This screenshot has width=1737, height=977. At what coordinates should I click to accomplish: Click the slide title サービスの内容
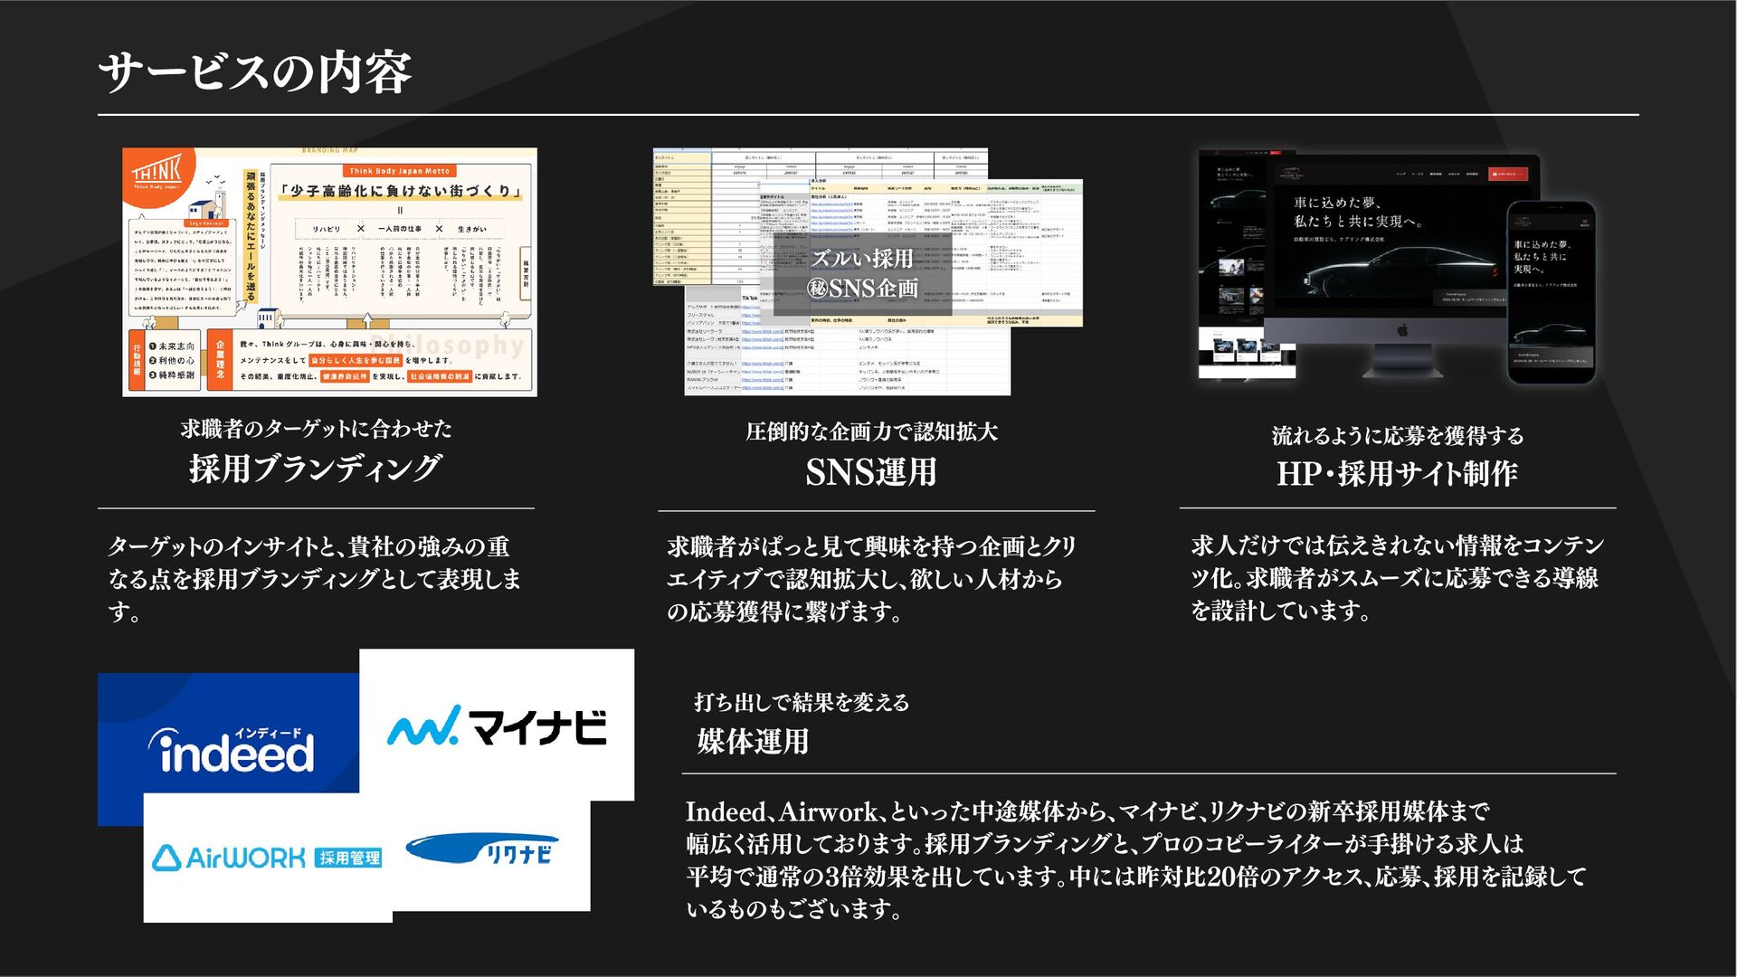pyautogui.click(x=254, y=72)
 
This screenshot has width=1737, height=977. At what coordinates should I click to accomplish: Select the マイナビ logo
pyautogui.click(x=497, y=726)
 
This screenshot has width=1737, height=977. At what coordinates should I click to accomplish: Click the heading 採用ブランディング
pyautogui.click(x=316, y=469)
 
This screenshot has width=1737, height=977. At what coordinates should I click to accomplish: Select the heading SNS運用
pyautogui.click(x=870, y=472)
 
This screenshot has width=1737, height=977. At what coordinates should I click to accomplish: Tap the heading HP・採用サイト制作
pyautogui.click(x=1397, y=473)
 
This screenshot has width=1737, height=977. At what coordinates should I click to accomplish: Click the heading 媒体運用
pyautogui.click(x=753, y=742)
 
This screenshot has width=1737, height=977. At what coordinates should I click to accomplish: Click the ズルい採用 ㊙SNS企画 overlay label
pyautogui.click(x=863, y=273)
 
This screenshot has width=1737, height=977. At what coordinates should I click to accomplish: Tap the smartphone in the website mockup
pyautogui.click(x=1550, y=291)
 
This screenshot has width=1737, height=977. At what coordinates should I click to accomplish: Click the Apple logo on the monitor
pyautogui.click(x=1401, y=331)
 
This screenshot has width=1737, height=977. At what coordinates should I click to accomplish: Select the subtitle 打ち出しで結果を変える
pyautogui.click(x=802, y=702)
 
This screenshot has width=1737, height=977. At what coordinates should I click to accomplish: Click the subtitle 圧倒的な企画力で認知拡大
pyautogui.click(x=871, y=432)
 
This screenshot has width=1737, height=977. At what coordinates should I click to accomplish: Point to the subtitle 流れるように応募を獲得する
pyautogui.click(x=1398, y=436)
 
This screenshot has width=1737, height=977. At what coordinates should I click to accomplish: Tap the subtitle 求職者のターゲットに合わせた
pyautogui.click(x=316, y=429)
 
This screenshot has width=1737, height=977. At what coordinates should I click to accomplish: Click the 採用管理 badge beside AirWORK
pyautogui.click(x=349, y=858)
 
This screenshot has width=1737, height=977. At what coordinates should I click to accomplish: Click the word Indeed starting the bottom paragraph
pyautogui.click(x=726, y=811)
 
